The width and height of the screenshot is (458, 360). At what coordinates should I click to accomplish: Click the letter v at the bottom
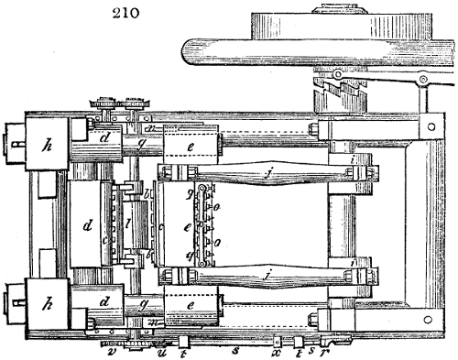coord(112,349)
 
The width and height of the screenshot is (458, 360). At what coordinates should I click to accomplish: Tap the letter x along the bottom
coord(276,350)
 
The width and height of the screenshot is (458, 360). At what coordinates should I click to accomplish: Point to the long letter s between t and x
coord(234,350)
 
